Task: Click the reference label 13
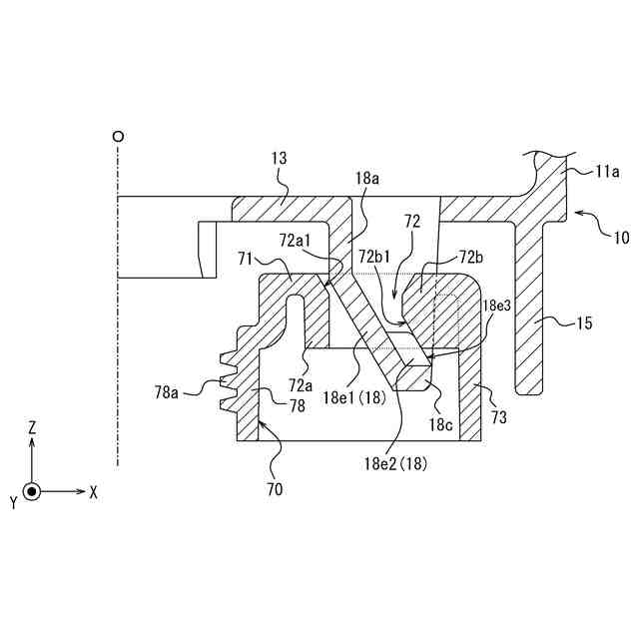click(x=279, y=158)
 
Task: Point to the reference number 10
click(x=620, y=238)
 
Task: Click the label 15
click(x=585, y=323)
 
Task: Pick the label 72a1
click(x=296, y=240)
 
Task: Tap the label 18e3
click(x=497, y=305)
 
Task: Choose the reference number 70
click(x=275, y=489)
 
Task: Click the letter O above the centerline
click(x=119, y=135)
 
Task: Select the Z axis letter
click(x=32, y=426)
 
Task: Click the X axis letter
click(x=93, y=492)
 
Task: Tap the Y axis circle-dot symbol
click(x=32, y=492)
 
